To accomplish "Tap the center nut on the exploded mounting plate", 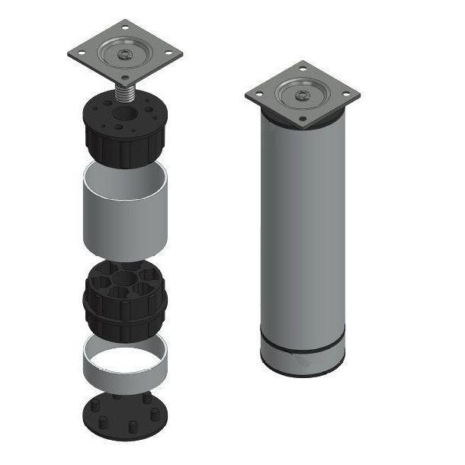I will (x=125, y=56).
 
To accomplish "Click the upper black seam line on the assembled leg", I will (x=303, y=349).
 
